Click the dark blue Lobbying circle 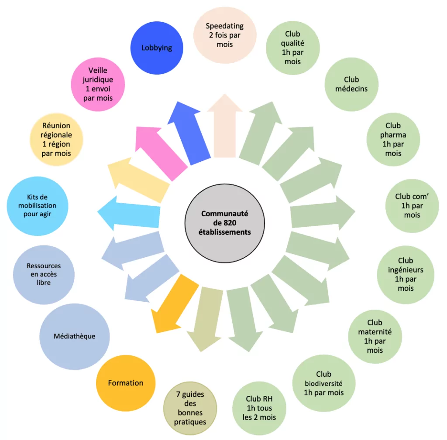pos(157,48)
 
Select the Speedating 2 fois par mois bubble pos(225,35)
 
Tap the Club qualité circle pos(293,48)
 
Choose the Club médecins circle pos(351,84)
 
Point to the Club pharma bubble pos(393,140)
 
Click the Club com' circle pos(412,206)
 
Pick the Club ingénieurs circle pos(406,275)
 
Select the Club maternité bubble pos(375,336)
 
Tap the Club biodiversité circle pos(324,383)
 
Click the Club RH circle pos(259,408)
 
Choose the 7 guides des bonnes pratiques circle pos(190,408)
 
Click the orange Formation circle pos(126,383)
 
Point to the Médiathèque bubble pos(75,336)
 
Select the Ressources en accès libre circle pos(44,275)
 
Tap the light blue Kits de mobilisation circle pos(38,206)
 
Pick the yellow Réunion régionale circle pos(56,140)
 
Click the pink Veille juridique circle pos(98,84)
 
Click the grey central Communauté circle pos(225,223)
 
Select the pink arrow pos(161,153)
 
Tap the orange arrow pos(175,304)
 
